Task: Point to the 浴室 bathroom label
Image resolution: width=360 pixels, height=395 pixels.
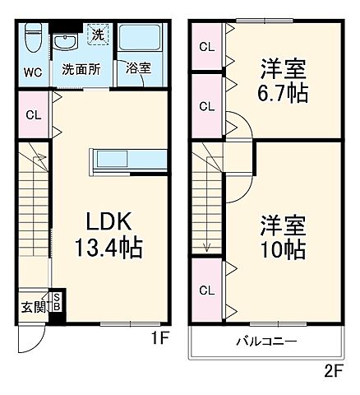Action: tap(138, 70)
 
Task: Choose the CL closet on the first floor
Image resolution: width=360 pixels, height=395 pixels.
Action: tap(34, 115)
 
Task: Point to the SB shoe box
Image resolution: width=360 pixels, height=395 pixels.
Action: tap(56, 303)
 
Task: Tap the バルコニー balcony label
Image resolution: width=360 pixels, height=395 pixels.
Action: tap(267, 342)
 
